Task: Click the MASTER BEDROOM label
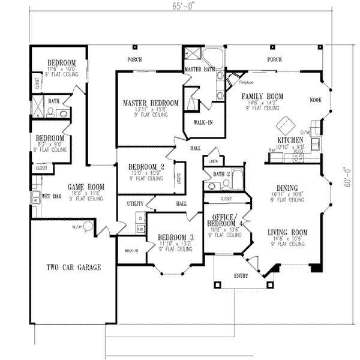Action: coord(151,103)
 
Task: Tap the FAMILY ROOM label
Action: coord(262,97)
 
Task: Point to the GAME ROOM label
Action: coord(86,187)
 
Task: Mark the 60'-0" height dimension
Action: coord(348,178)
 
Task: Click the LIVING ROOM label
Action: coord(287,232)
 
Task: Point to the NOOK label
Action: coord(316,101)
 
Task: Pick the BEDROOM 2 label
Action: coord(146,166)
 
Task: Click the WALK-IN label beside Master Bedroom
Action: coord(202,122)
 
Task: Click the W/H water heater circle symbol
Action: coord(88,227)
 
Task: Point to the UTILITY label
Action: coord(135,204)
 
